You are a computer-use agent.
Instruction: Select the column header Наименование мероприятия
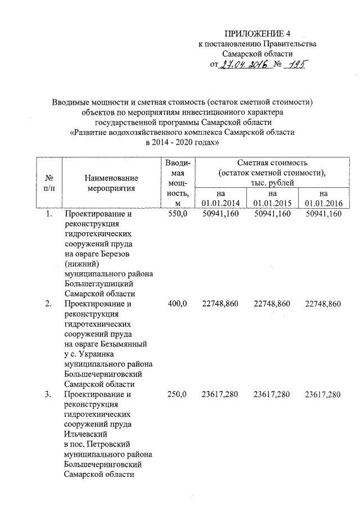pyautogui.click(x=111, y=183)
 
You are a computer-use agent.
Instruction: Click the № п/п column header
pyautogui.click(x=48, y=183)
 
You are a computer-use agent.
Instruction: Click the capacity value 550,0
pyautogui.click(x=177, y=214)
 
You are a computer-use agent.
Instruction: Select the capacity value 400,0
pyautogui.click(x=177, y=304)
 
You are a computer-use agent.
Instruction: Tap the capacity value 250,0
pyautogui.click(x=177, y=395)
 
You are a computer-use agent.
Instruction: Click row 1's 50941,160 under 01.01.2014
pyautogui.click(x=220, y=214)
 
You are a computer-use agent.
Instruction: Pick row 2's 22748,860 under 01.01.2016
pyautogui.click(x=323, y=304)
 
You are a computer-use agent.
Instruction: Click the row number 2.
pyautogui.click(x=49, y=304)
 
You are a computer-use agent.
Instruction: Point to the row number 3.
pyautogui.click(x=49, y=395)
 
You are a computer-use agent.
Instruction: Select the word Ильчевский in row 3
pyautogui.click(x=86, y=434)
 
